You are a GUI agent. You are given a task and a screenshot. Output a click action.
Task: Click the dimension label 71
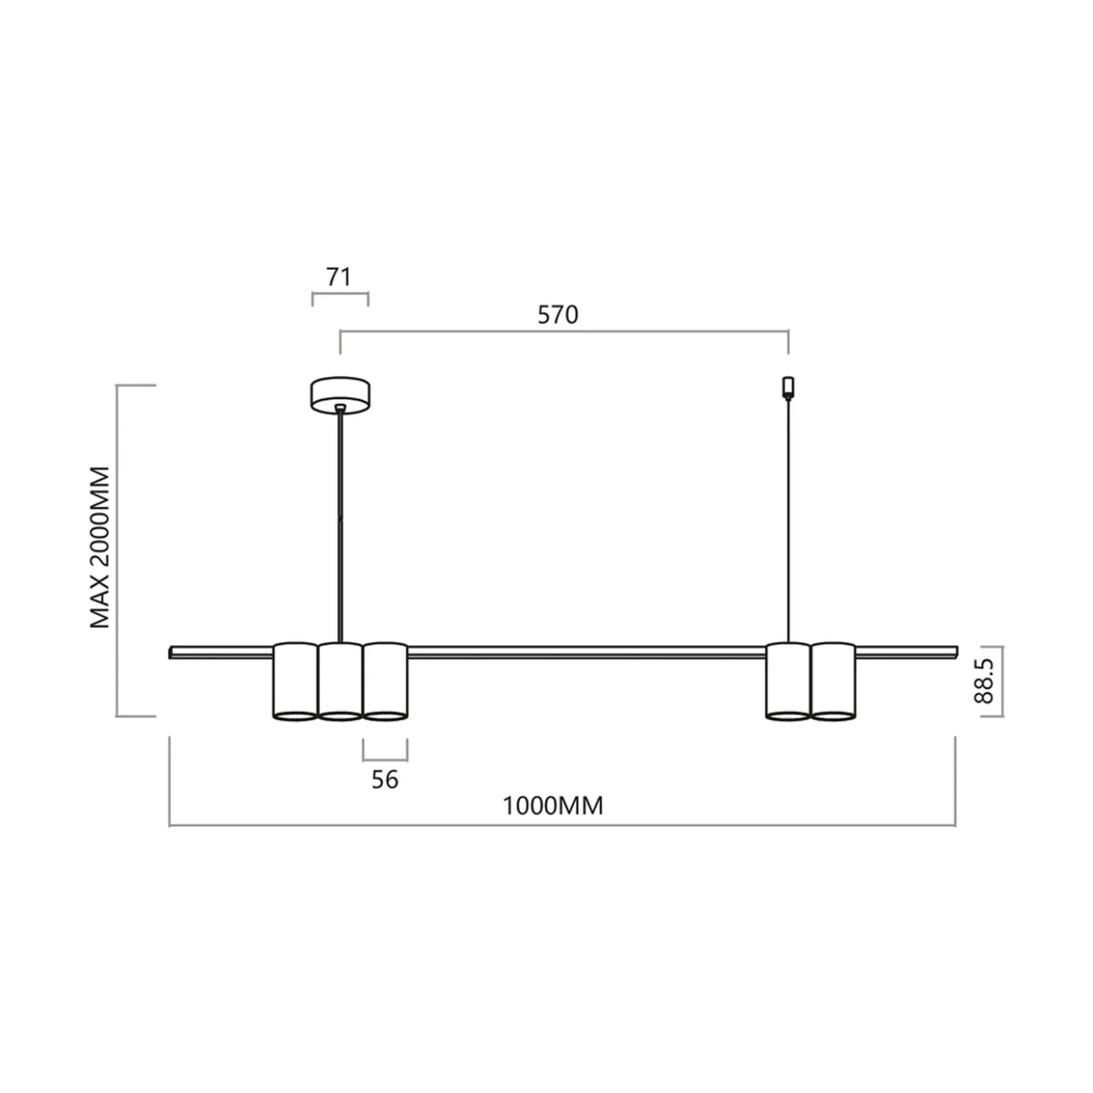tap(338, 277)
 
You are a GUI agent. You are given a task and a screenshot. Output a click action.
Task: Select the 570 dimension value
tap(558, 315)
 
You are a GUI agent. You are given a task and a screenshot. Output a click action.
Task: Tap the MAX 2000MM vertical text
tap(101, 548)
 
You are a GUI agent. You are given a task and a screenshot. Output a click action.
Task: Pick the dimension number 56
tap(385, 779)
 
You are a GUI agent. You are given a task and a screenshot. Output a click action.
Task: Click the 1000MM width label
tap(553, 806)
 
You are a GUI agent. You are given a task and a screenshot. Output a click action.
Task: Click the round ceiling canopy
tap(341, 396)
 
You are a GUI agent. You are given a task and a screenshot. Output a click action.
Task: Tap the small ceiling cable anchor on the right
tap(788, 387)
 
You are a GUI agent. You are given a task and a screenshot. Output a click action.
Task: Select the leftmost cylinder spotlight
tap(295, 681)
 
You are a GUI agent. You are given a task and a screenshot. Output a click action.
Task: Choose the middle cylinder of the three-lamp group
tap(341, 681)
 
